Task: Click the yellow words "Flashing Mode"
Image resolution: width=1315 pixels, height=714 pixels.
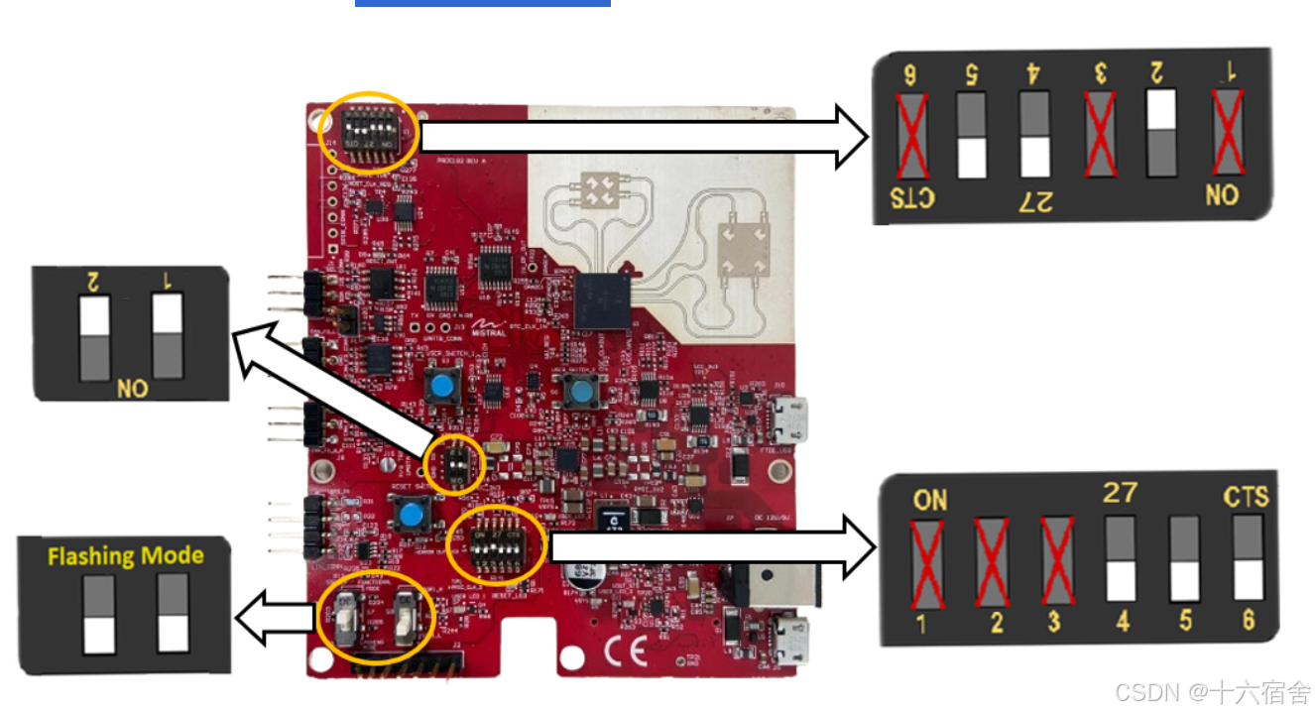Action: click(x=126, y=555)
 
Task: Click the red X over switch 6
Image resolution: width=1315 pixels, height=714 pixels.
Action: click(x=909, y=135)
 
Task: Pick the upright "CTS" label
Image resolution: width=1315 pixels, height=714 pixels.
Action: click(x=1246, y=496)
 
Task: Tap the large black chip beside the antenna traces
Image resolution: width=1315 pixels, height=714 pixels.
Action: click(x=602, y=299)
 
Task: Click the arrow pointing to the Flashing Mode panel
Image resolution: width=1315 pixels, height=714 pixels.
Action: click(x=278, y=620)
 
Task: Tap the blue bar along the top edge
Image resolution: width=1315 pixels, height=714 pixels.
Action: click(x=482, y=3)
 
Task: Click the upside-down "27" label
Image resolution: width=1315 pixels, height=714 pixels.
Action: click(x=1034, y=201)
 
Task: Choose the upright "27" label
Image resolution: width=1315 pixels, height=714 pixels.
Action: click(x=1120, y=492)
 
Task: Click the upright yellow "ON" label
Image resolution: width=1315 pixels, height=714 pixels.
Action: click(x=930, y=500)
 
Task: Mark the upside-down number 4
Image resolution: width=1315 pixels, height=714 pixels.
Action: click(x=1033, y=73)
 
